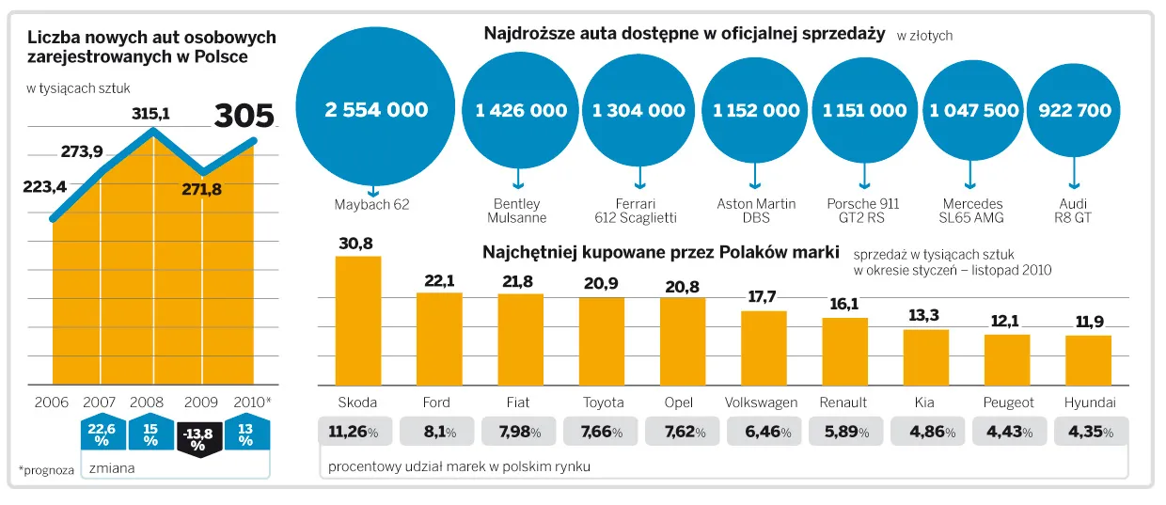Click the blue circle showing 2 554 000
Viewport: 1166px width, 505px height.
(376, 110)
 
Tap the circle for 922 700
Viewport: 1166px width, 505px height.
(1074, 110)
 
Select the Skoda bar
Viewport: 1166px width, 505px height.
(358, 320)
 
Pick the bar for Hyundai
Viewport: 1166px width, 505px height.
(1089, 360)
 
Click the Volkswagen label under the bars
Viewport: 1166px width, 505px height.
(761, 402)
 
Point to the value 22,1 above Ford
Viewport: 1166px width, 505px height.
(439, 280)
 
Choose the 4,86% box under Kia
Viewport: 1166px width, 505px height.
(924, 432)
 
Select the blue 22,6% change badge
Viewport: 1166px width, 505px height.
(101, 433)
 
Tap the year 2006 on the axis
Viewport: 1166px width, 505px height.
(52, 402)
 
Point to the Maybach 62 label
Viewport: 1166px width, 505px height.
(372, 204)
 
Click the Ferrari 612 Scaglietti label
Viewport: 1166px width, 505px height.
(638, 211)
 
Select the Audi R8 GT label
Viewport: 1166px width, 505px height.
(1074, 211)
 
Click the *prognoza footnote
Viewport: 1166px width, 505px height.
(46, 468)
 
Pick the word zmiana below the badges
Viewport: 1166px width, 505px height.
(111, 466)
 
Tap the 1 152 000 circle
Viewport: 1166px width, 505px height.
(756, 110)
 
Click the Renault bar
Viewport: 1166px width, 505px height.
(844, 351)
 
